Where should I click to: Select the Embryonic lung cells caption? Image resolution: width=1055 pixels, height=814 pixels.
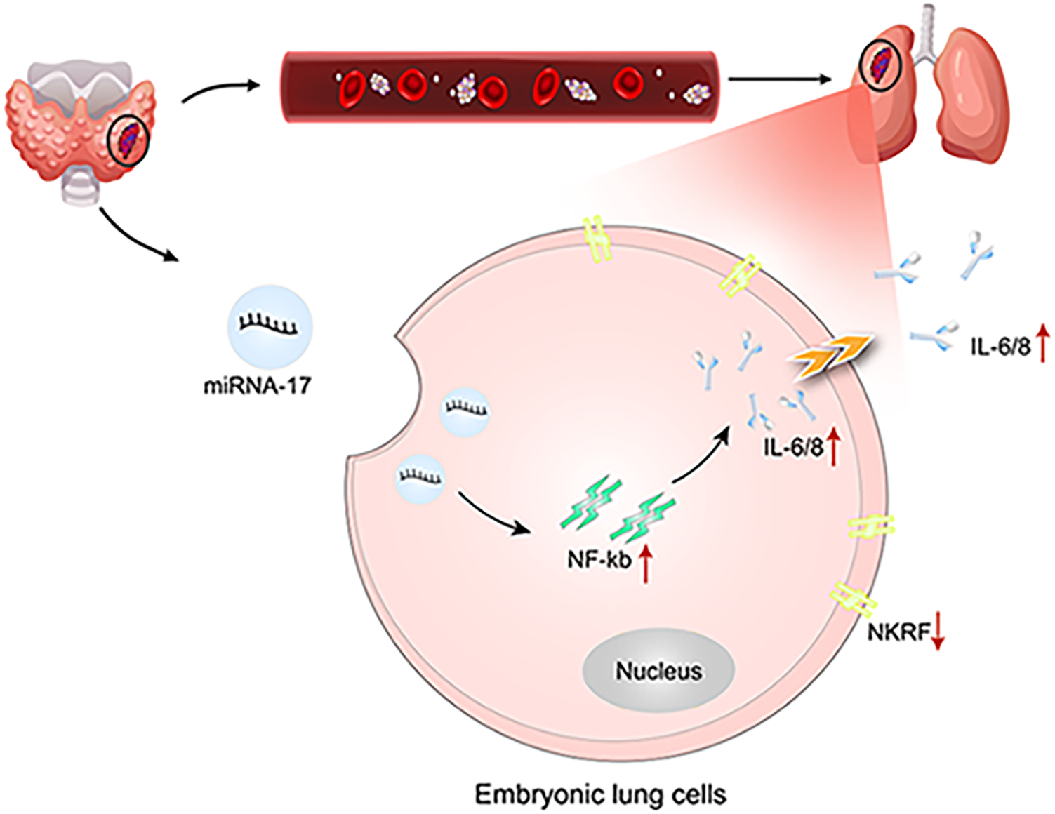tap(600, 794)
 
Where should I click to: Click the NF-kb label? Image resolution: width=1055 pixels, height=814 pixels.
tap(599, 561)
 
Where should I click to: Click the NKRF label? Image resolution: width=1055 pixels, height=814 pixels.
tap(898, 634)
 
